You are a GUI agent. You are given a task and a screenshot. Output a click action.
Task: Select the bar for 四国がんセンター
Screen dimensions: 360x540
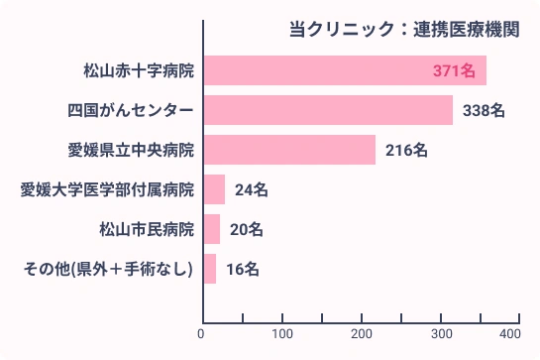point(327,110)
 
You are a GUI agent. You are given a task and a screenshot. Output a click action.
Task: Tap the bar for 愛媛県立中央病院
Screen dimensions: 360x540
point(288,150)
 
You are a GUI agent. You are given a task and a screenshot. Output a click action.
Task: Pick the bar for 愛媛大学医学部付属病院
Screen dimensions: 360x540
point(213,189)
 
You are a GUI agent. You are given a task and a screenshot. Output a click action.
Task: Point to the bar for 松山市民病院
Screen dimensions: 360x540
point(211,229)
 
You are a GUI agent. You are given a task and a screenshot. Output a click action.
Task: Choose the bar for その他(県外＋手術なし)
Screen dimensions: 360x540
point(209,269)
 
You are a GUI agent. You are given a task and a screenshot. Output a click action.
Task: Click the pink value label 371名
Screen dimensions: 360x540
point(455,70)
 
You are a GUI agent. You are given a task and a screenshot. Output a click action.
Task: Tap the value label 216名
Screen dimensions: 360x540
point(406,150)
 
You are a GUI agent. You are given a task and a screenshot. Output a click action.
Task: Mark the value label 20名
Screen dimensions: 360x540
point(246,229)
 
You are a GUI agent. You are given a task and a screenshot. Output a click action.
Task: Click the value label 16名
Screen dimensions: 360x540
point(242,269)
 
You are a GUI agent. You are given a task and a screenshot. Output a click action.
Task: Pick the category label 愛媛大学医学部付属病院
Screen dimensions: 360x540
point(107,189)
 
